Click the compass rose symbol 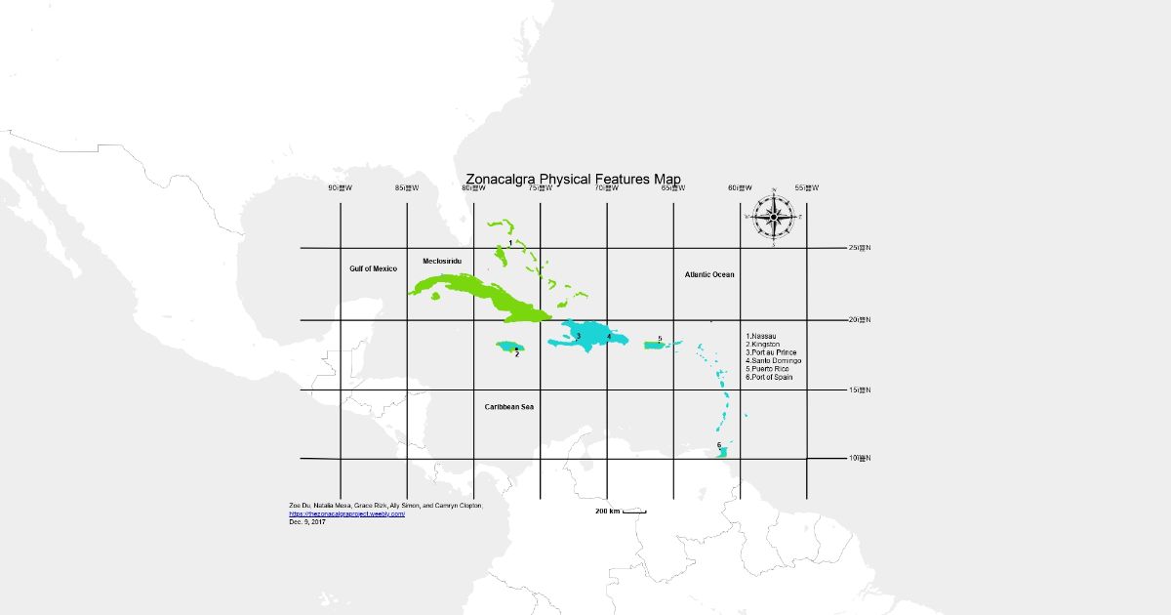(774, 216)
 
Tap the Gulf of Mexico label (374, 268)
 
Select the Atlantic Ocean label (709, 275)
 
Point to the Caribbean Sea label (509, 406)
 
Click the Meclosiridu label (442, 262)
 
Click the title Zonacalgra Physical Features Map (573, 179)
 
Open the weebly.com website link (346, 513)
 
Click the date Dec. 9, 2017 (307, 521)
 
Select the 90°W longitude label (340, 188)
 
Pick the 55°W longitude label (806, 188)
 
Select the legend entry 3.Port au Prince (771, 352)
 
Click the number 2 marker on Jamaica (516, 354)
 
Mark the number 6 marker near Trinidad (719, 445)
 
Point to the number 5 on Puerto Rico (660, 339)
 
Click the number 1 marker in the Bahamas (510, 242)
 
